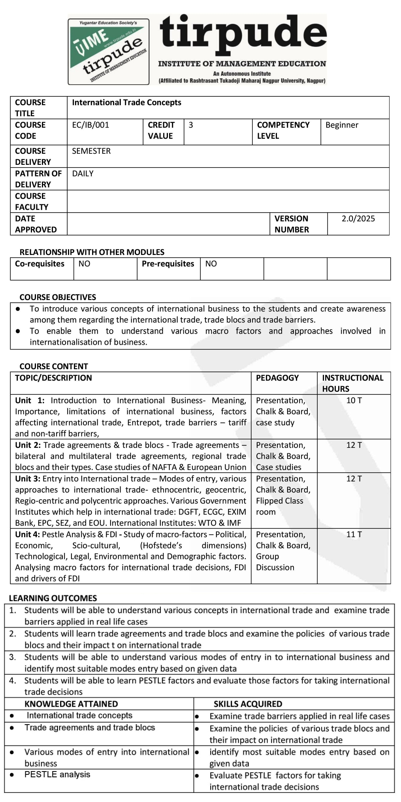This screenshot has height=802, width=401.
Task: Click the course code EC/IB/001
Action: [x=90, y=125]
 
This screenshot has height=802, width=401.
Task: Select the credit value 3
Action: [x=191, y=125]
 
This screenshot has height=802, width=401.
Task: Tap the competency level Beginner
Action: [x=342, y=125]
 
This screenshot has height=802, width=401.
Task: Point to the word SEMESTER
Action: [x=91, y=151]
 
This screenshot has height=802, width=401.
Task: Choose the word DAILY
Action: [x=83, y=174]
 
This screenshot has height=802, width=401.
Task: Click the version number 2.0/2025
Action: [x=358, y=219]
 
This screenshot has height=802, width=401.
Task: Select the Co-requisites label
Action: [x=40, y=264]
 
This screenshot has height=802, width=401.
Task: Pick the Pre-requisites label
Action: [x=168, y=264]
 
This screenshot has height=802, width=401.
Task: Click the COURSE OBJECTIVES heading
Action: [x=58, y=297]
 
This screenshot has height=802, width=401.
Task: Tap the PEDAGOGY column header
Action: [x=277, y=378]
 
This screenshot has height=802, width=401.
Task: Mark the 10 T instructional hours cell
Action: [x=354, y=400]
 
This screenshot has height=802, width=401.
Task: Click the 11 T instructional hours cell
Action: [x=354, y=534]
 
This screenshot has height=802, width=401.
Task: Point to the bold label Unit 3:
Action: [x=28, y=479]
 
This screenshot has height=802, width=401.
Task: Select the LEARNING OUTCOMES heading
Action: [x=53, y=598]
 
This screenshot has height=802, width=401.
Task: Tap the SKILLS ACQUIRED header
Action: [x=248, y=704]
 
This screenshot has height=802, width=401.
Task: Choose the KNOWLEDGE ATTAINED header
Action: [x=71, y=704]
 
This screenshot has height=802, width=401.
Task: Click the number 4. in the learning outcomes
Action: [x=13, y=680]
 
